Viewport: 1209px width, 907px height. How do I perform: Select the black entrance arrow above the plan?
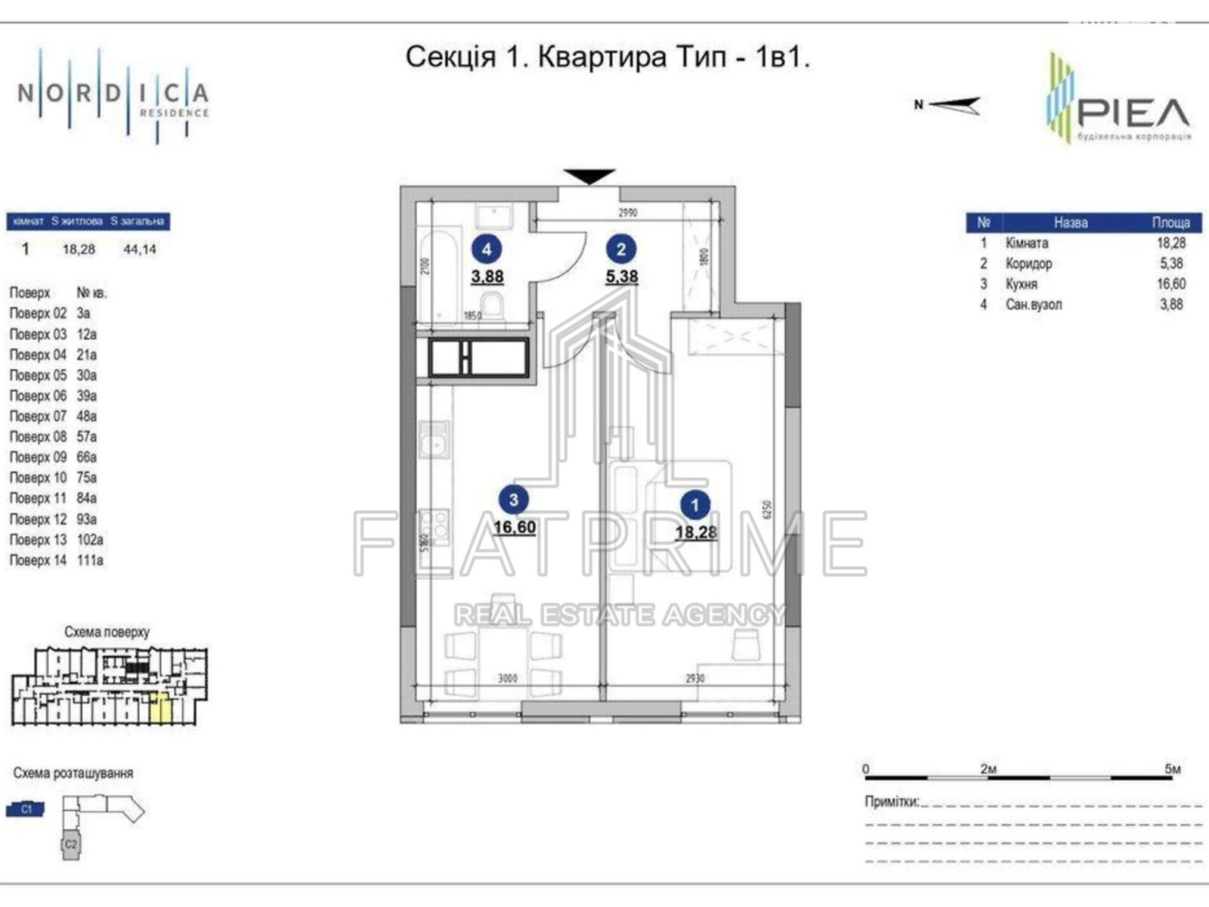(x=590, y=176)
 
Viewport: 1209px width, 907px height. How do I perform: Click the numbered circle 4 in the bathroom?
(x=487, y=249)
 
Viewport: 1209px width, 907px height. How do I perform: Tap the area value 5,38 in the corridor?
(x=621, y=277)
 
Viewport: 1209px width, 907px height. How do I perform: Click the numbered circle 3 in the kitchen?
(x=514, y=500)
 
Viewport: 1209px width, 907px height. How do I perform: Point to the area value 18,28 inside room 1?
(x=696, y=532)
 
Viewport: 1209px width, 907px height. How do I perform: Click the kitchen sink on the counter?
(x=435, y=439)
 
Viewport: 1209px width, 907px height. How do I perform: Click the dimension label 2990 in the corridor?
(x=627, y=213)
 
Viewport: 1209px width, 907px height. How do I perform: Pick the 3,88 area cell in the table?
(x=1170, y=305)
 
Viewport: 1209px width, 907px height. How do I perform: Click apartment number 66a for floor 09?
(x=86, y=457)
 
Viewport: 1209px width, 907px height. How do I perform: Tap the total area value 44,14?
(x=139, y=249)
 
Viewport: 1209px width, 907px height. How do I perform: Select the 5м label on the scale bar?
(x=1172, y=769)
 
